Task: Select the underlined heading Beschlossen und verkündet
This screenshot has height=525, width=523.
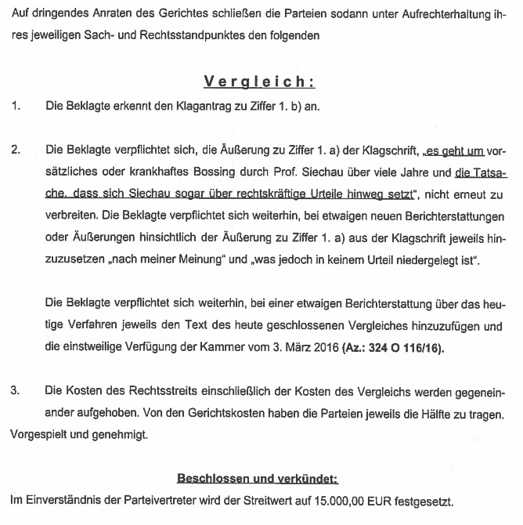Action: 258,478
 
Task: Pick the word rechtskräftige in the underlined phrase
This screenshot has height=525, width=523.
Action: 239,193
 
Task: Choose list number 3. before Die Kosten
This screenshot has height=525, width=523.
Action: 16,390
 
